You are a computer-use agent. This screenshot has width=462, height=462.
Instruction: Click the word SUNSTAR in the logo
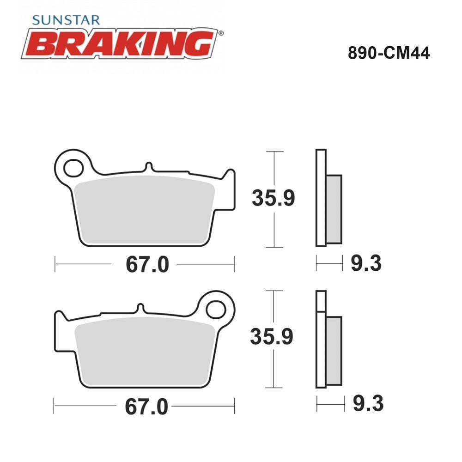pos(66,20)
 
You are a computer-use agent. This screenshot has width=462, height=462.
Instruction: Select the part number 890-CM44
pos(389,53)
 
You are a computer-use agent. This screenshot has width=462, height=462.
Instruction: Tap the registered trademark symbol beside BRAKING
pos(221,33)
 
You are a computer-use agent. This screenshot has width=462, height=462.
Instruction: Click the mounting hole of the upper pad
pos(73,168)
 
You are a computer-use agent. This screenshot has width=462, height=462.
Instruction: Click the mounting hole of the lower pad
pos(216,310)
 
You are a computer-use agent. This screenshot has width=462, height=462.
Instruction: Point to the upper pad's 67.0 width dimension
pos(147,264)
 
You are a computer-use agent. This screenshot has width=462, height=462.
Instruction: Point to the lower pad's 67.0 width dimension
pos(146,407)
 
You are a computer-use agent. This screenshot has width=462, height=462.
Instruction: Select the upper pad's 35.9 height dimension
pos(273,198)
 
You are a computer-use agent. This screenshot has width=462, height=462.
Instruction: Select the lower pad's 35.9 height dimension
pos(271,336)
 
